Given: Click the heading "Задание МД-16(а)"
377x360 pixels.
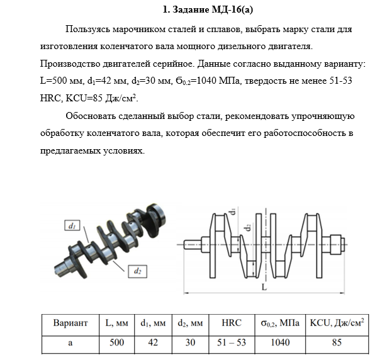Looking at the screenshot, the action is pos(213,9).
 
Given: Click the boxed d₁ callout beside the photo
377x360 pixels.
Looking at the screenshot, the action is pos(72,225).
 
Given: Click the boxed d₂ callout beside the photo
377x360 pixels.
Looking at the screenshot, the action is pos(137,271).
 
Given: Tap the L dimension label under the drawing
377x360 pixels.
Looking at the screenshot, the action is pos(264,287).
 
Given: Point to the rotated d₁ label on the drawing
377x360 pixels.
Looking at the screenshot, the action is pos(232,211).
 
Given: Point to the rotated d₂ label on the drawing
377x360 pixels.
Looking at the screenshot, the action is pos(249,227).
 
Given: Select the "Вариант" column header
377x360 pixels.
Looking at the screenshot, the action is pos(70,323).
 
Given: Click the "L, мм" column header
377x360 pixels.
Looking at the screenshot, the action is pos(116,323).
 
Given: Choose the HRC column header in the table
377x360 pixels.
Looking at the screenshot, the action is pos(232,323).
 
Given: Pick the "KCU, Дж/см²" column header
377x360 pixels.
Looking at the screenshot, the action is pos(337,322).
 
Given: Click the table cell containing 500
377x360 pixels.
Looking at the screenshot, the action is pos(116,342).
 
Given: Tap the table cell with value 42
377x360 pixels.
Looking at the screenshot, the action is pos(153,342).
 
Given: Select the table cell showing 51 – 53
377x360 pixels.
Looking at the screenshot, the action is pos(232,342).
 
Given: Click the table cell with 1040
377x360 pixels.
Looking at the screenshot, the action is pos(280,342).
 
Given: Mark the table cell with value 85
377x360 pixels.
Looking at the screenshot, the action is pos(337,342).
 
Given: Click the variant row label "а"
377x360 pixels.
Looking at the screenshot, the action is pos(70,342).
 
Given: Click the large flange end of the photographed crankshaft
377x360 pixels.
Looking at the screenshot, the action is pos(156,217).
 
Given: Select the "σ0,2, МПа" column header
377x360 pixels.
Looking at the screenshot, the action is pos(280,323).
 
